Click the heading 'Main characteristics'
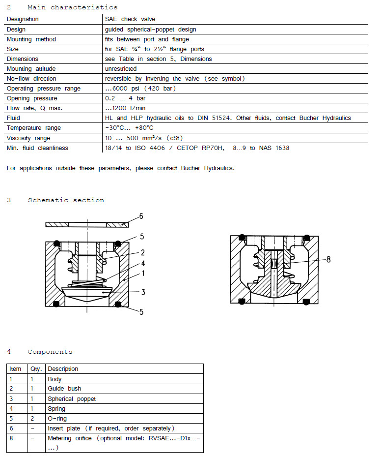point(72,7)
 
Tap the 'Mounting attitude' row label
point(31,69)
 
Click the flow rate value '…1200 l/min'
point(125,108)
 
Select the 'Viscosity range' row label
point(28,138)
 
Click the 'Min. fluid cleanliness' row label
point(37,148)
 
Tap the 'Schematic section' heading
point(66,200)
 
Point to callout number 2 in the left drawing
point(142,253)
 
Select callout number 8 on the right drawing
point(328,259)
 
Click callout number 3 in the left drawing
point(143,292)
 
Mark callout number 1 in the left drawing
point(143,273)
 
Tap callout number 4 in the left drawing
point(143,263)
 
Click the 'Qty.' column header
point(37,369)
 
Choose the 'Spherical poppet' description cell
point(72,399)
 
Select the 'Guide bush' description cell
point(64,389)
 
